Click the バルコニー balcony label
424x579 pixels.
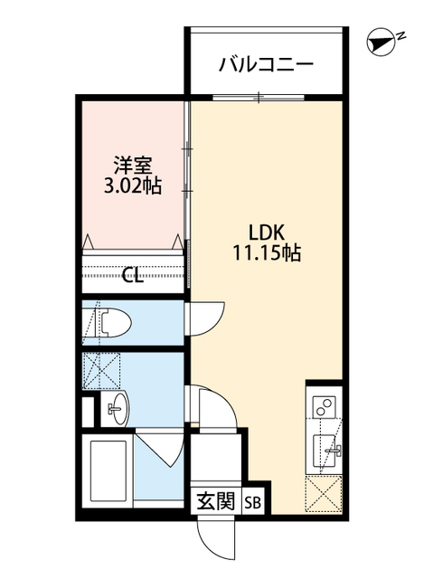[266, 65]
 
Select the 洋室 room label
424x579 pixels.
[133, 166]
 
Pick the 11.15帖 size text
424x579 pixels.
[267, 253]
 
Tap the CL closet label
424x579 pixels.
[133, 275]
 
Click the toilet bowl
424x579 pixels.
[112, 322]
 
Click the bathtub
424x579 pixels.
[108, 468]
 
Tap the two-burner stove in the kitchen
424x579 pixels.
[324, 407]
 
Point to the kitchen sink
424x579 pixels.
[325, 451]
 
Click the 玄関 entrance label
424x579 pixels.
[216, 501]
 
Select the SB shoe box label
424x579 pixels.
[253, 502]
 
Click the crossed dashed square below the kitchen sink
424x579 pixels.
[324, 494]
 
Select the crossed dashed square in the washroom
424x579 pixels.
[101, 370]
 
